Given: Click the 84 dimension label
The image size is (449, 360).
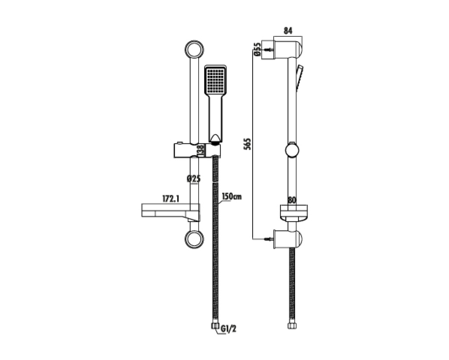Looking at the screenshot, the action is pos(288,31).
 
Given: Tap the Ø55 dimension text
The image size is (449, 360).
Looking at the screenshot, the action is pos(257,49).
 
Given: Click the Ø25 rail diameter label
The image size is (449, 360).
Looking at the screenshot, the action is pos(193,179).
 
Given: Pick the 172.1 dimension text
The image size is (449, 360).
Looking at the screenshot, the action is pos(171,199).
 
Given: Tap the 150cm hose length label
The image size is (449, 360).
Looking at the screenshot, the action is pos(232,197).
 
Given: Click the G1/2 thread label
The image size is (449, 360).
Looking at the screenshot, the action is pos(228,329).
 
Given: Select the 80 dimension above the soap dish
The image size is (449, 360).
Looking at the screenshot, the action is pos(292,200).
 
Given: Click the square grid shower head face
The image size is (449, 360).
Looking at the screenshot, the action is pos(215,80).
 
